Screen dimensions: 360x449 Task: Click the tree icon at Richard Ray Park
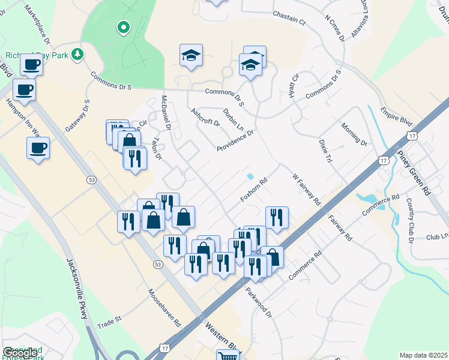coord(77,55)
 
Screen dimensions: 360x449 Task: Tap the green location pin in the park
coord(123,28)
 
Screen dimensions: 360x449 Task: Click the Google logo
coord(19,353)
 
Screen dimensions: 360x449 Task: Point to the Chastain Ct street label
coord(289,17)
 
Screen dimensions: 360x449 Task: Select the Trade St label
coord(109,322)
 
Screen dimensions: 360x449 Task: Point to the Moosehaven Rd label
coord(164,307)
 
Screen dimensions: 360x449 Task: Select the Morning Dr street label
coord(354,134)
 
